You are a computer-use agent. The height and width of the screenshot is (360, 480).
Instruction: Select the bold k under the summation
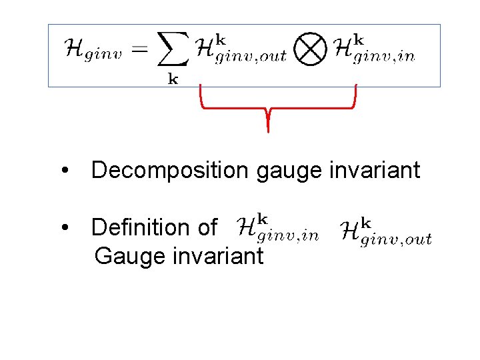point(173,79)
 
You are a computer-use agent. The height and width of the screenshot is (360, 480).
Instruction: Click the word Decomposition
point(169,171)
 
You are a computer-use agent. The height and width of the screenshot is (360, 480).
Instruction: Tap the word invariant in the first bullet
point(375,171)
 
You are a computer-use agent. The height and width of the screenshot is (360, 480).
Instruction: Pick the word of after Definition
point(207,228)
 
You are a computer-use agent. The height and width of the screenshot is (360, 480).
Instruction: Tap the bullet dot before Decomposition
point(65,171)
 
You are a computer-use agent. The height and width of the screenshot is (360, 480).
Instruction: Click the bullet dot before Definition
point(65,228)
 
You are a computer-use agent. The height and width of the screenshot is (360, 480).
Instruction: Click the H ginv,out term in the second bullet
point(386,231)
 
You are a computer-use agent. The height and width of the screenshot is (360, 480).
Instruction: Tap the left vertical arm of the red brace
point(201,95)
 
